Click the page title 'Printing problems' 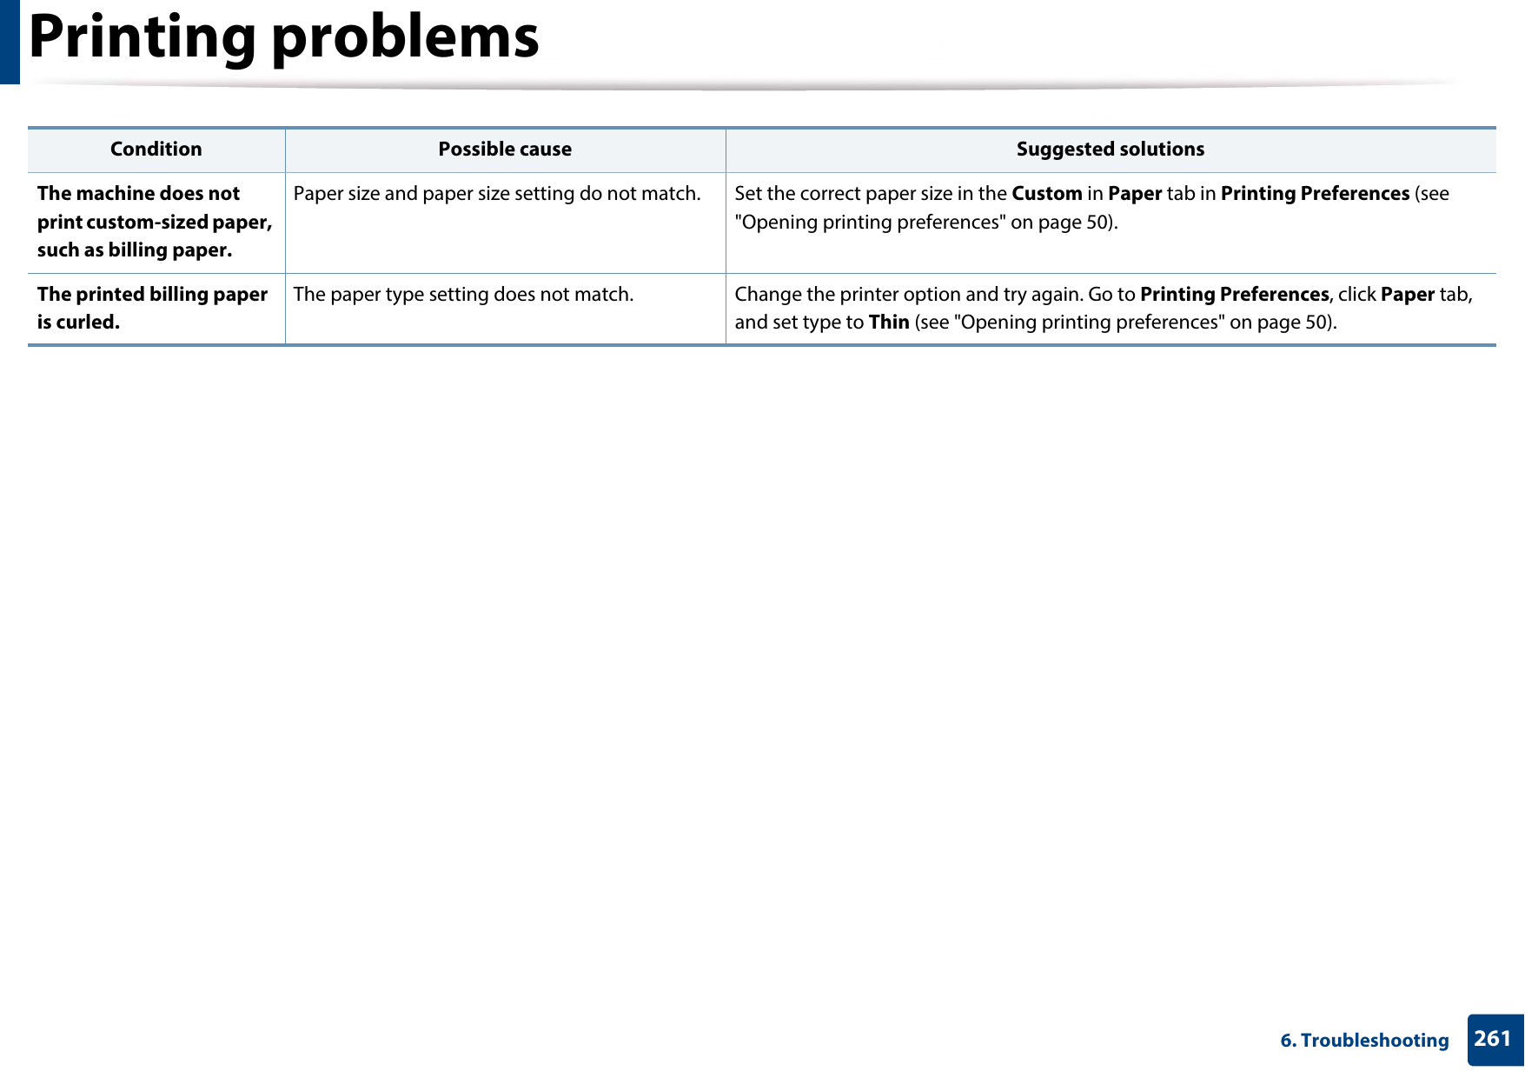[x=284, y=38]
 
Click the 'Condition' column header [x=156, y=150]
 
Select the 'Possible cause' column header [x=505, y=150]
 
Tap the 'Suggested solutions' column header [x=1110, y=150]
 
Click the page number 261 [x=1493, y=1039]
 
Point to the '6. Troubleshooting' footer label [x=1364, y=1041]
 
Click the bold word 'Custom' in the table [x=1046, y=194]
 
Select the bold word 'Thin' [x=888, y=323]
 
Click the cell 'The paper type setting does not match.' [x=463, y=295]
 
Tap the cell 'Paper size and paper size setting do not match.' [x=496, y=194]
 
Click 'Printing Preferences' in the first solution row [x=1314, y=194]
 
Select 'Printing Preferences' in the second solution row [x=1234, y=295]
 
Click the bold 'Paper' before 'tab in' [x=1134, y=194]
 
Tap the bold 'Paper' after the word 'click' [x=1407, y=295]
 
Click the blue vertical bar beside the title [x=10, y=42]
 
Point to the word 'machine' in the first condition [x=115, y=194]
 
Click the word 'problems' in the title [x=406, y=38]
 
